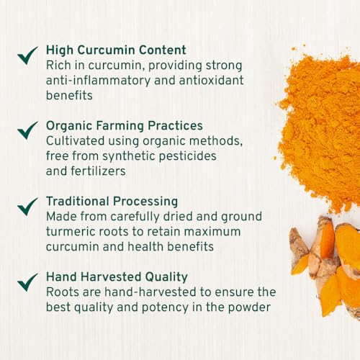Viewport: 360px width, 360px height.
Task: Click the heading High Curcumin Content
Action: pyautogui.click(x=116, y=50)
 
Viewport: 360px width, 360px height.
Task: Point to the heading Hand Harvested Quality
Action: pyautogui.click(x=117, y=276)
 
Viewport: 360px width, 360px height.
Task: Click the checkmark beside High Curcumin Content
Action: pyautogui.click(x=28, y=55)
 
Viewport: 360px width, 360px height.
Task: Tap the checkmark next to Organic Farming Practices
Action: pyautogui.click(x=28, y=130)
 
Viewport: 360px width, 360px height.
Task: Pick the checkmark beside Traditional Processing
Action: pyautogui.click(x=28, y=206)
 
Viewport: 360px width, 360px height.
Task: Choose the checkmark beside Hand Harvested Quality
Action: pyautogui.click(x=28, y=282)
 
